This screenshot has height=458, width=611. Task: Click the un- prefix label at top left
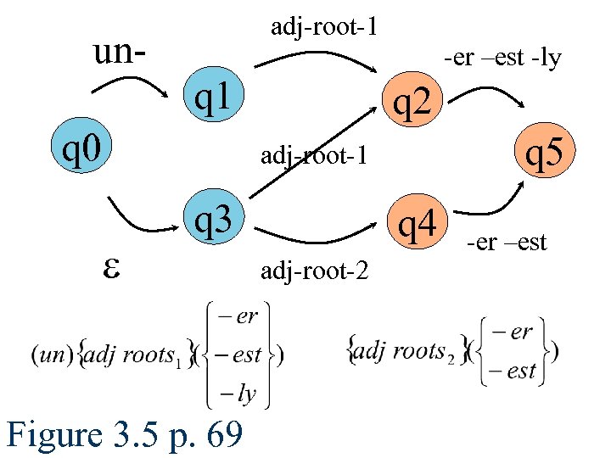click(x=119, y=52)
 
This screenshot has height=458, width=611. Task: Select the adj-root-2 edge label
click(x=314, y=271)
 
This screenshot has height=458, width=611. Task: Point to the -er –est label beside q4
click(x=506, y=244)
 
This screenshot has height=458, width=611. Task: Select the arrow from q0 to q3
click(x=139, y=217)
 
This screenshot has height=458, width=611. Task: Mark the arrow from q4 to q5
click(x=497, y=209)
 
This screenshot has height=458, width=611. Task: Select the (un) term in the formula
click(x=46, y=355)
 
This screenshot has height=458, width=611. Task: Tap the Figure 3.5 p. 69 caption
click(x=124, y=435)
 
